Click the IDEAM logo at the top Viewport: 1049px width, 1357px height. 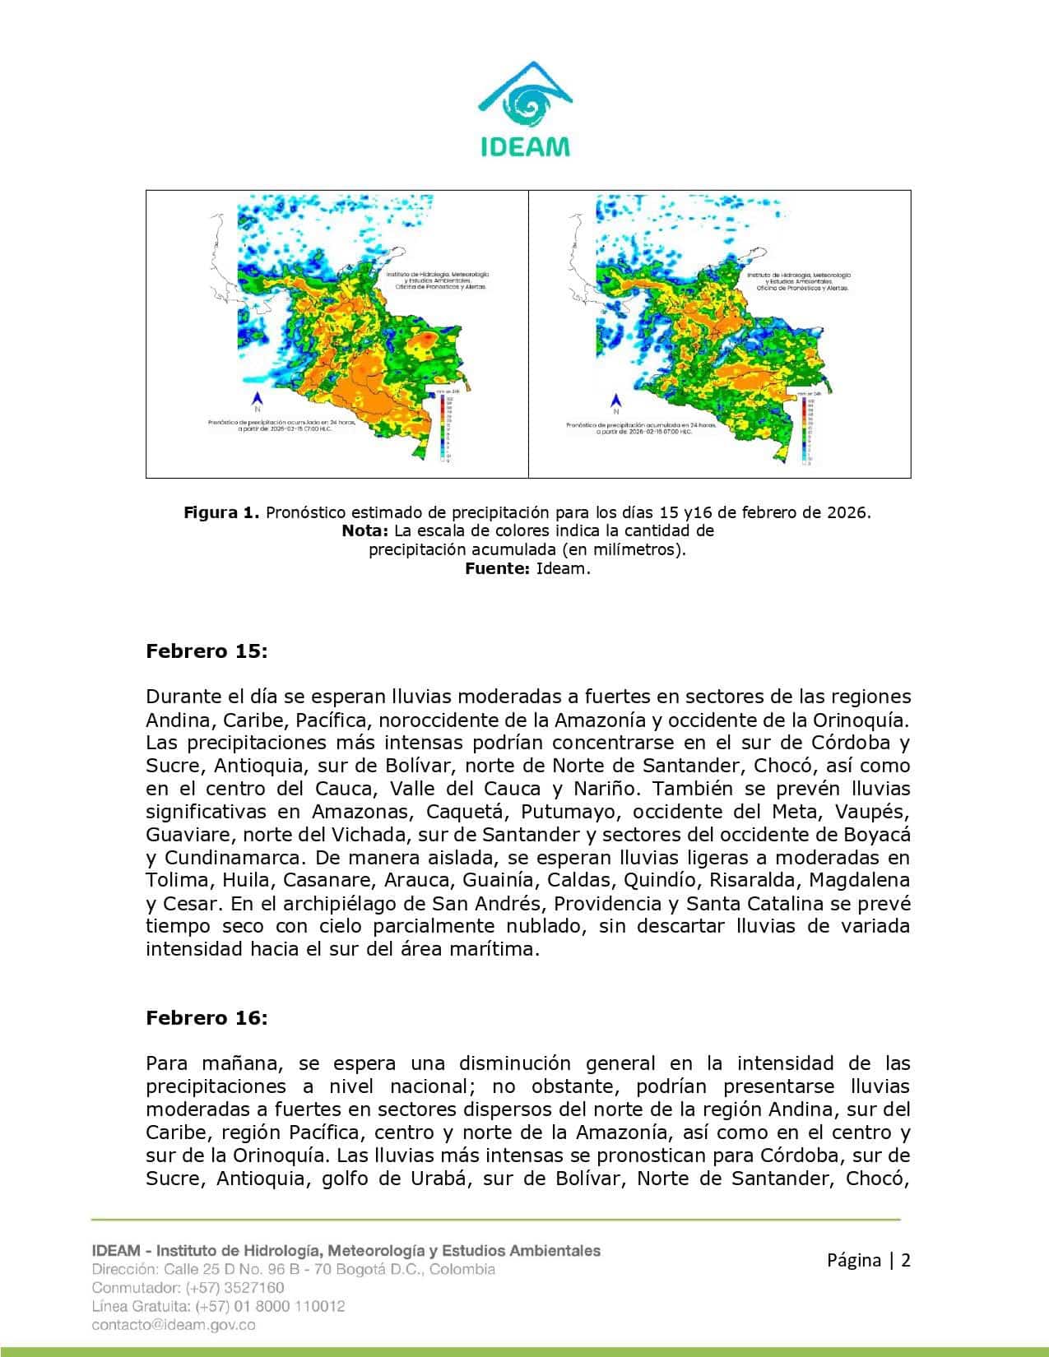tap(524, 108)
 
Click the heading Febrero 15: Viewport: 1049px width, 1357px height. tap(207, 651)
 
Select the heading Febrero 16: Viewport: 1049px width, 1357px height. tap(207, 1017)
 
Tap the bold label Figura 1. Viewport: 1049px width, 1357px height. tap(221, 512)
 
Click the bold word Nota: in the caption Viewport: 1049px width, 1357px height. tap(364, 531)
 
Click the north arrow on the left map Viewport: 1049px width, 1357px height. tap(258, 401)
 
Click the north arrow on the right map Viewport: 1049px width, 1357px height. tap(615, 403)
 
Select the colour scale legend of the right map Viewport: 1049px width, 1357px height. tap(801, 432)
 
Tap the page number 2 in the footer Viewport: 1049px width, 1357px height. tap(906, 1260)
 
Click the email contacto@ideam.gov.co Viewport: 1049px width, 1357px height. tap(174, 1325)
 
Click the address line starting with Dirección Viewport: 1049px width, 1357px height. tap(293, 1269)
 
